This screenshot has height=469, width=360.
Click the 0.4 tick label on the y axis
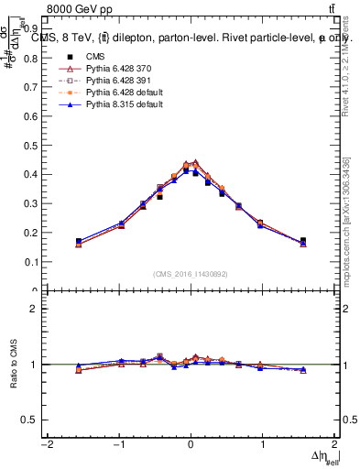click(30, 174)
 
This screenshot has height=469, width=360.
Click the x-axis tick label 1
click(262, 445)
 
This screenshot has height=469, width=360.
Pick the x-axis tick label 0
click(190, 445)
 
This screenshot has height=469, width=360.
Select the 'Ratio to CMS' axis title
click(12, 364)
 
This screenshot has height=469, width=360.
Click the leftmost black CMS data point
click(79, 241)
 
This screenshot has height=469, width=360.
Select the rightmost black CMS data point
click(303, 241)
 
